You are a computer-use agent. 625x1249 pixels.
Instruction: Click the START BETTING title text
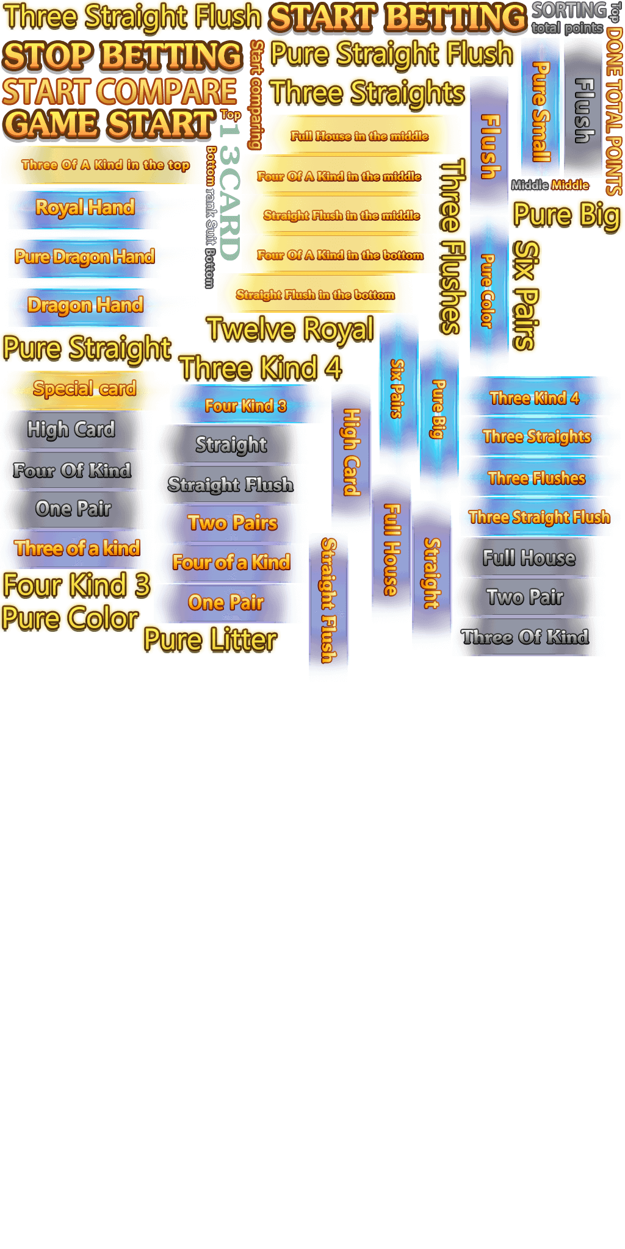[397, 17]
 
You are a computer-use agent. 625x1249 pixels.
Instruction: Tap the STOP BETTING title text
[122, 56]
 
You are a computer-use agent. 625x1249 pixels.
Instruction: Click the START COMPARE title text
[120, 91]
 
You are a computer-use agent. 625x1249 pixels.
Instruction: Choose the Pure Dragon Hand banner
[84, 257]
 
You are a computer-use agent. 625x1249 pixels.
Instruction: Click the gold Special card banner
[84, 389]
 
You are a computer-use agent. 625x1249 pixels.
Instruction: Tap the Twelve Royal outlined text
[291, 330]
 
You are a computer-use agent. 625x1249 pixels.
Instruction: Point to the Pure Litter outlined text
[210, 640]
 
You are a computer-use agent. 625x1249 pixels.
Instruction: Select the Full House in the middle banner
[359, 136]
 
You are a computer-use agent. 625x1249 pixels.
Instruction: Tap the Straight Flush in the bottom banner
[315, 295]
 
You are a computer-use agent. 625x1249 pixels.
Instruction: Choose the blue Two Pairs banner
[232, 523]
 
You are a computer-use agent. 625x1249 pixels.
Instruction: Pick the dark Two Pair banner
[525, 597]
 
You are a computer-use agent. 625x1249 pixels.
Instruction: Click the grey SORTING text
[569, 10]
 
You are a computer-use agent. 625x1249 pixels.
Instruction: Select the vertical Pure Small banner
[540, 110]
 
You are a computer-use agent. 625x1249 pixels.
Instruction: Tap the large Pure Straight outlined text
[87, 348]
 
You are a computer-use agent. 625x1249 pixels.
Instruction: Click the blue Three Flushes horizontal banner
[536, 478]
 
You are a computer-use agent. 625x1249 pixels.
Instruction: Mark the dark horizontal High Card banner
[71, 429]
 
